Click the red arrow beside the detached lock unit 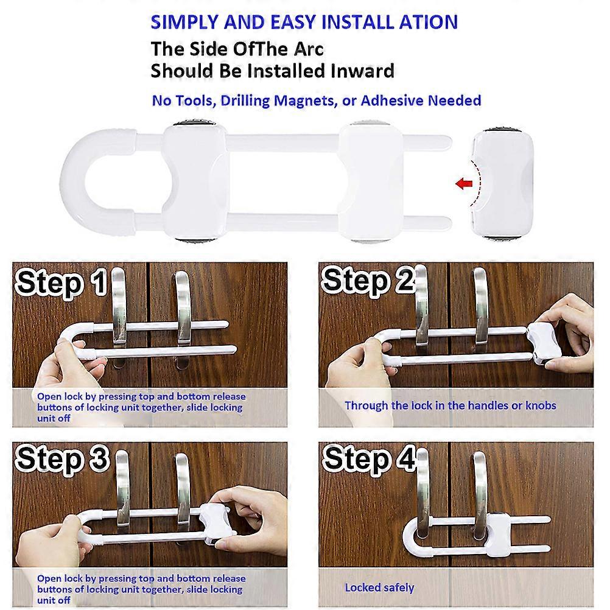[464, 183]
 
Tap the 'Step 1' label [61, 282]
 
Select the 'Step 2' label [367, 280]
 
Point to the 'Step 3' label [61, 459]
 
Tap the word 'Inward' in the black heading [362, 71]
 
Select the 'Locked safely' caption [379, 587]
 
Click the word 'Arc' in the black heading [309, 49]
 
